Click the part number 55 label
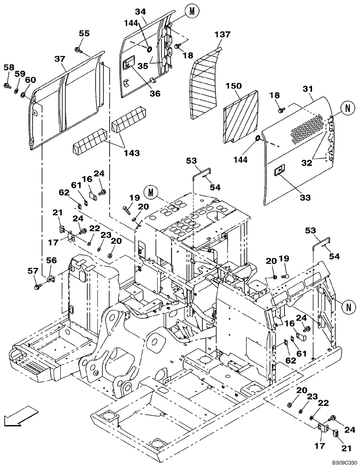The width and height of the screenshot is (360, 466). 84,34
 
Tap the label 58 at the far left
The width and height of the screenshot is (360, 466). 9,68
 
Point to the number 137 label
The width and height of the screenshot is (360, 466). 222,34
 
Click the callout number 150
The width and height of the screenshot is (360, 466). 234,86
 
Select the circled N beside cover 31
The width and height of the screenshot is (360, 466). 346,108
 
